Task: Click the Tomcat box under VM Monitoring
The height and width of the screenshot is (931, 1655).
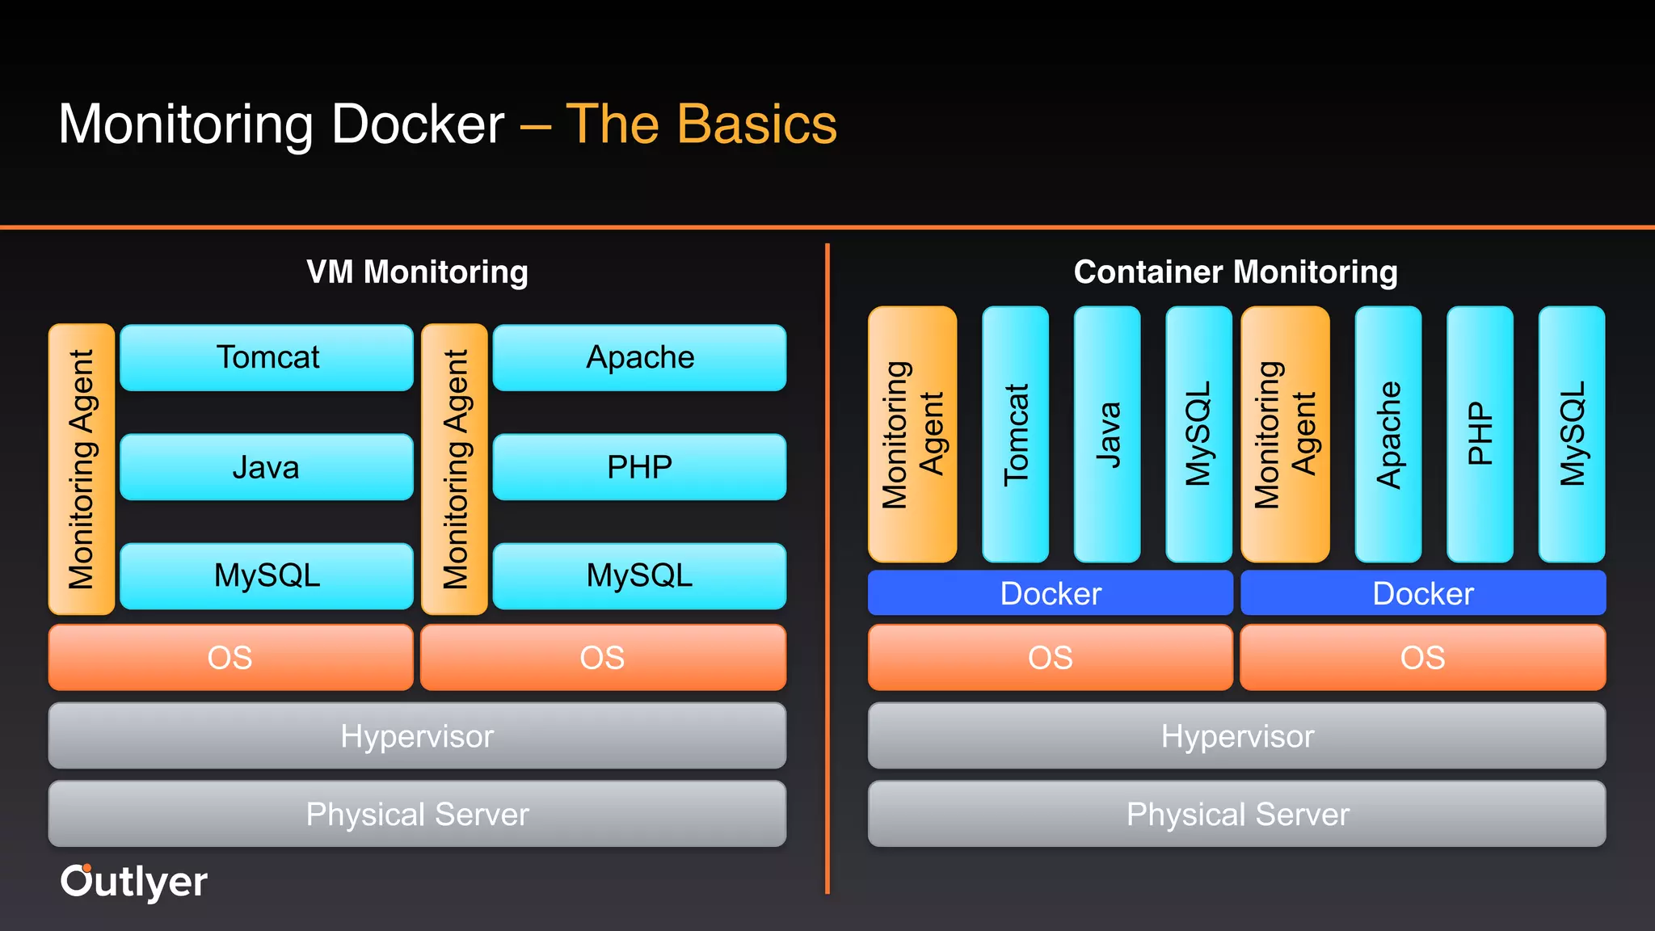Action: tap(267, 358)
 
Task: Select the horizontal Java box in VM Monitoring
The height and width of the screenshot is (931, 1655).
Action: tap(267, 467)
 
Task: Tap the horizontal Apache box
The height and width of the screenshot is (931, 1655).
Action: tap(639, 358)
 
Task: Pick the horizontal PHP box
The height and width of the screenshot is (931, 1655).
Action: tap(639, 467)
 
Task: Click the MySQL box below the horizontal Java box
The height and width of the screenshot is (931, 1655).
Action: tap(267, 575)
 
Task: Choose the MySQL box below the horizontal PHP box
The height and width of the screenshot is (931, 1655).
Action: tap(639, 575)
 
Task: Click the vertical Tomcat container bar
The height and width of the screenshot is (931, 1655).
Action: tap(1015, 434)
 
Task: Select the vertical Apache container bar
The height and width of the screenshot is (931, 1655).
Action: tap(1388, 434)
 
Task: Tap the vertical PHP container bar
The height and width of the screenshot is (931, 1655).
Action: tap(1480, 434)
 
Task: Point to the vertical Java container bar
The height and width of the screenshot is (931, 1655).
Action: tap(1107, 434)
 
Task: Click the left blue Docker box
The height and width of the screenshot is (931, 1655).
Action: tap(1051, 593)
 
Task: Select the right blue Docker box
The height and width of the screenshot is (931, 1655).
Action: tap(1423, 593)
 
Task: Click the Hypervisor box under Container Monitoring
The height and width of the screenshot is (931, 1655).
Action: tap(1236, 735)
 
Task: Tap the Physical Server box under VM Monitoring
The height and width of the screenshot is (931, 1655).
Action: tap(417, 814)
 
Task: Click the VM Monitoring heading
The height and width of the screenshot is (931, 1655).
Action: tap(417, 272)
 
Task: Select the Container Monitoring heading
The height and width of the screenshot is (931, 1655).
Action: tap(1236, 272)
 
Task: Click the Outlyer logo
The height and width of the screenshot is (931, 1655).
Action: tap(134, 882)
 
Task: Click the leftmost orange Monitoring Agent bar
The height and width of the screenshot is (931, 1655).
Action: tap(82, 469)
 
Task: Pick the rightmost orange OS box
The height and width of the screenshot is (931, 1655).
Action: tap(1423, 657)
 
